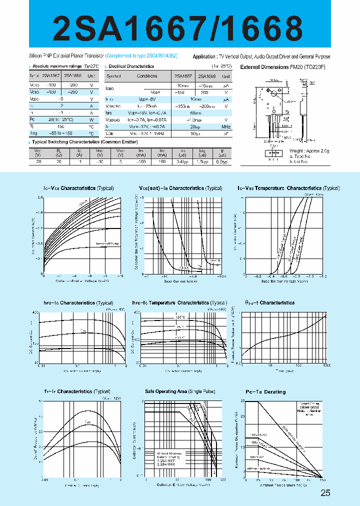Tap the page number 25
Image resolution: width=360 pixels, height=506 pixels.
(325, 493)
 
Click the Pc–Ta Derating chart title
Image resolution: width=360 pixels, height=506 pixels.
(265, 392)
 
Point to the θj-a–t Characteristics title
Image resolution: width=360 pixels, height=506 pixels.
(269, 302)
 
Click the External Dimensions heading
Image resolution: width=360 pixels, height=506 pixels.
(283, 67)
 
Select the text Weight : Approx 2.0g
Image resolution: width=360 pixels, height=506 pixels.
(310, 150)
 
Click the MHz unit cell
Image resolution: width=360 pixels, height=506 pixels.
(226, 127)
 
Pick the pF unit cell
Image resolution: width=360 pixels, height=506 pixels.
(226, 134)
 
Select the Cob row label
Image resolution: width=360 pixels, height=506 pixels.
(110, 134)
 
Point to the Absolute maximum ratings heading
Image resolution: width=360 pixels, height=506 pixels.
(60, 66)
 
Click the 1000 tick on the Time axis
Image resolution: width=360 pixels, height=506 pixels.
(327, 366)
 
